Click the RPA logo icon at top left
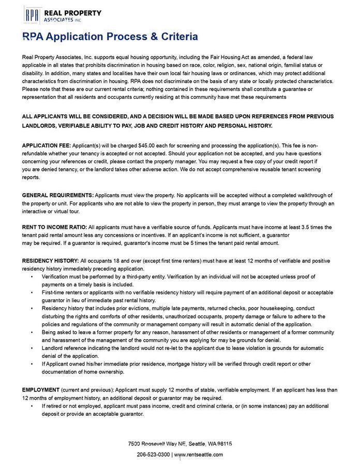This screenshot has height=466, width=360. (x=32, y=15)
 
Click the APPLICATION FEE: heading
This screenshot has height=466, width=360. (x=46, y=146)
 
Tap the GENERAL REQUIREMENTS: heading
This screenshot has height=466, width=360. (x=57, y=195)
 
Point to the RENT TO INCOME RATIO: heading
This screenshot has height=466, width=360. (x=54, y=227)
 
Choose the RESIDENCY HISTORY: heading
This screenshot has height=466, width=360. (x=50, y=261)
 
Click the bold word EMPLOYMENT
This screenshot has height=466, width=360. (x=41, y=390)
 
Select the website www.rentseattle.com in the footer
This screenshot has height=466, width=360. (x=199, y=455)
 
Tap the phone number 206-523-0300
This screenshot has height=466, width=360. (x=153, y=455)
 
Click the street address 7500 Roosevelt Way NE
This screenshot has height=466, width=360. (x=157, y=444)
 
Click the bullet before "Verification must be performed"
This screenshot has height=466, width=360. (x=32, y=277)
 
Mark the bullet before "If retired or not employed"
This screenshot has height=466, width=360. (x=32, y=406)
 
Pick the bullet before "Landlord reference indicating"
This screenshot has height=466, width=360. (x=32, y=348)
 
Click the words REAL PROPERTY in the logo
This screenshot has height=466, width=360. (x=72, y=13)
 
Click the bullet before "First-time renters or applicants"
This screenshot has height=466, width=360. (x=32, y=293)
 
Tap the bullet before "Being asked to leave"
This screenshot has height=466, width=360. (x=32, y=332)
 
